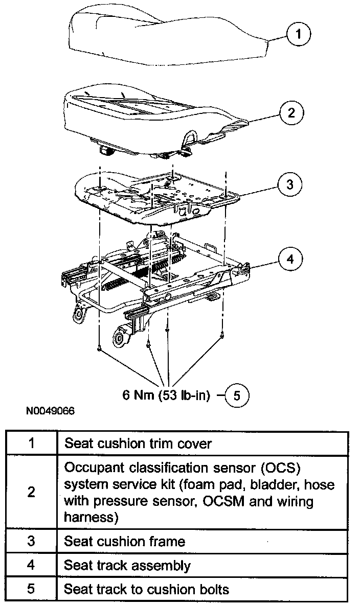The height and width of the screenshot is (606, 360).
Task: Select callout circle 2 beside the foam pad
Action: (291, 113)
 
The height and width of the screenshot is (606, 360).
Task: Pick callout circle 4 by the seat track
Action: (290, 260)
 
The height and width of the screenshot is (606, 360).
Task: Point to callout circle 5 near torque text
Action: (237, 395)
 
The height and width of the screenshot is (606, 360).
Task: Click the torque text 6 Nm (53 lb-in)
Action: (166, 395)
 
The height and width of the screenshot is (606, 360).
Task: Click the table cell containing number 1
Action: (32, 443)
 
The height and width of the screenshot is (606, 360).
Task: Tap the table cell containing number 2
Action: (32, 493)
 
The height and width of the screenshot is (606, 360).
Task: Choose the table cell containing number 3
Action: (32, 541)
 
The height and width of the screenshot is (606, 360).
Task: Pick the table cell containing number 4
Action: (32, 565)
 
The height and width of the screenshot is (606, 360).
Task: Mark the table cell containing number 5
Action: (32, 589)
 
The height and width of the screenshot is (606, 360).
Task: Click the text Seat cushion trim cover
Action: (138, 443)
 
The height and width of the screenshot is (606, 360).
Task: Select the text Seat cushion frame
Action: (124, 541)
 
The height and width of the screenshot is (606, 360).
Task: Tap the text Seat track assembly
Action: (127, 565)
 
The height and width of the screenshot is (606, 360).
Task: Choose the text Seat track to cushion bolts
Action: (146, 589)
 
